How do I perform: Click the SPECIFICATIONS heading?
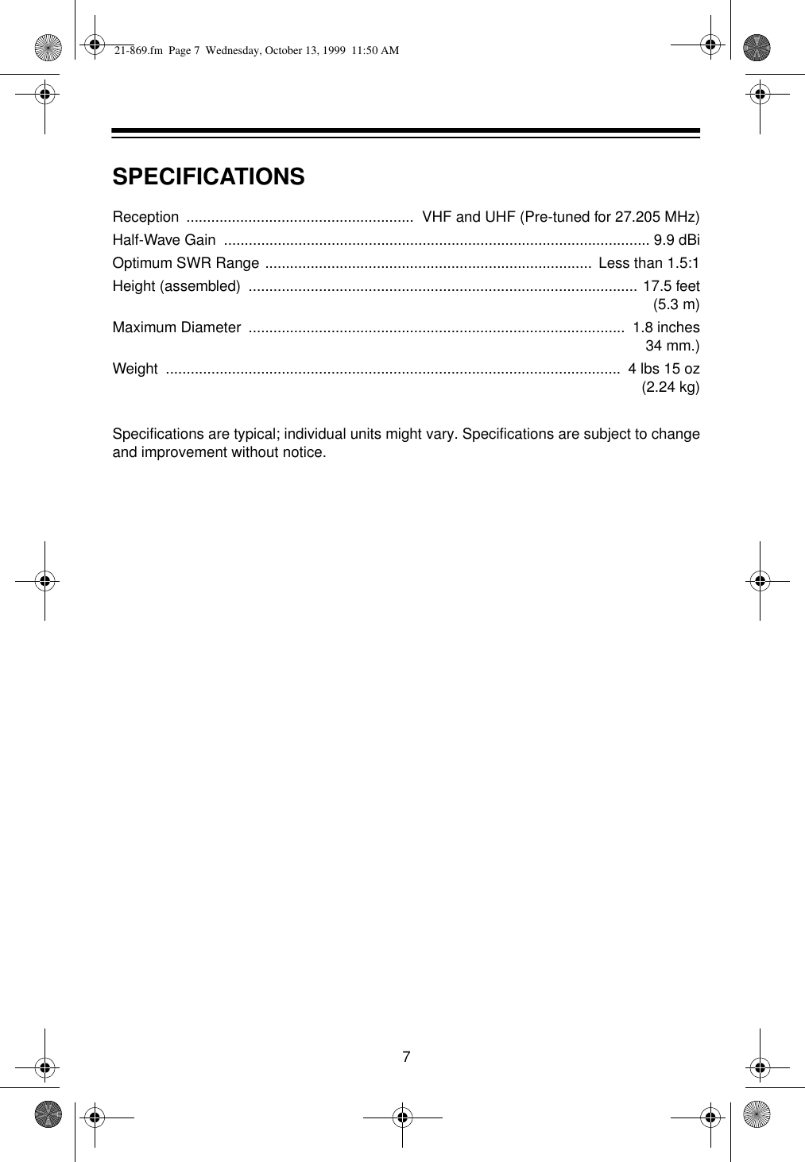pyautogui.click(x=208, y=176)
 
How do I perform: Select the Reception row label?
pyautogui.click(x=145, y=217)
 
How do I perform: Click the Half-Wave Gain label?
pyautogui.click(x=164, y=240)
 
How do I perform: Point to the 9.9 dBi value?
pyautogui.click(x=675, y=240)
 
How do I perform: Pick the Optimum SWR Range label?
pyautogui.click(x=185, y=263)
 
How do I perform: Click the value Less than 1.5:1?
pyautogui.click(x=648, y=263)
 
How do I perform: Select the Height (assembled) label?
pyautogui.click(x=176, y=286)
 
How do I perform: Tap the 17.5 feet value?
pyautogui.click(x=671, y=286)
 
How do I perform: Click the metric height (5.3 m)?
pyautogui.click(x=675, y=304)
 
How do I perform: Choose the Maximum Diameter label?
pyautogui.click(x=176, y=327)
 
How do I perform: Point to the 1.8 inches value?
pyautogui.click(x=666, y=327)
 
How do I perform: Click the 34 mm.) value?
pyautogui.click(x=672, y=346)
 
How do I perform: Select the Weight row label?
pyautogui.click(x=135, y=369)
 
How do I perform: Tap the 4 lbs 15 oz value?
pyautogui.click(x=664, y=369)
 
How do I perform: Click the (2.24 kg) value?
pyautogui.click(x=670, y=387)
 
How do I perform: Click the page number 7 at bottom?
pyautogui.click(x=406, y=1056)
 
